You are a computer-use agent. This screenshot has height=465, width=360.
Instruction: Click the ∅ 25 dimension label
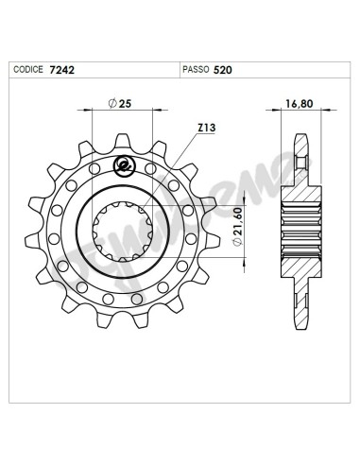pyautogui.click(x=120, y=101)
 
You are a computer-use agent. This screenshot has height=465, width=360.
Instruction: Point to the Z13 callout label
pyautogui.click(x=207, y=127)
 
